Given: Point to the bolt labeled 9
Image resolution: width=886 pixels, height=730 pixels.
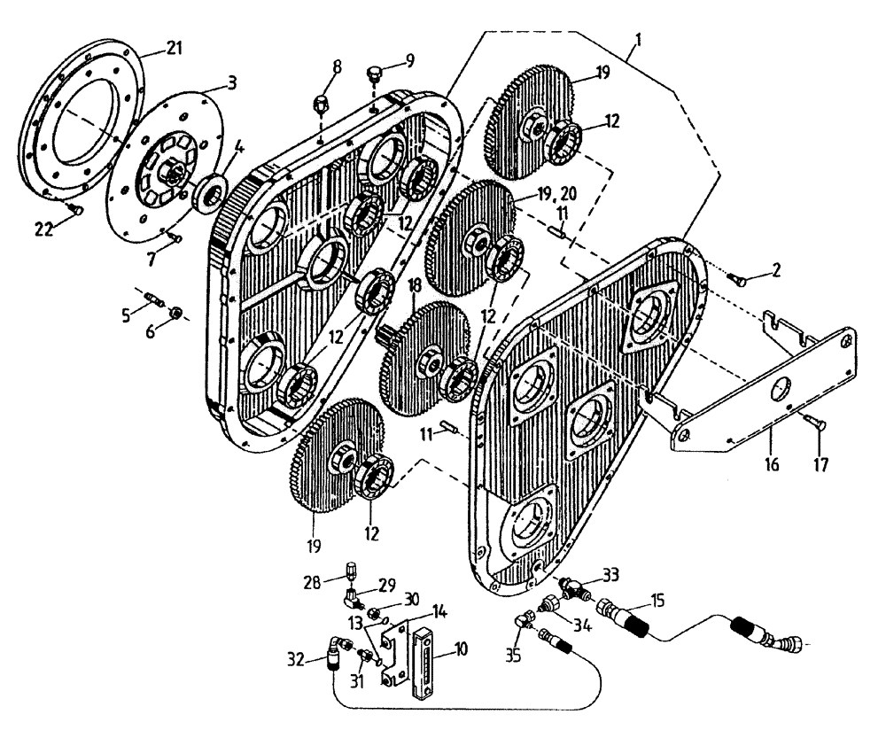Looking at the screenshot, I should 375,74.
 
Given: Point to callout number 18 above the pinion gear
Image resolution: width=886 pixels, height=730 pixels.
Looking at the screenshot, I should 414,285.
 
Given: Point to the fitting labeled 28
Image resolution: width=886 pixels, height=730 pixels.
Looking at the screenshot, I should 352,568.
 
